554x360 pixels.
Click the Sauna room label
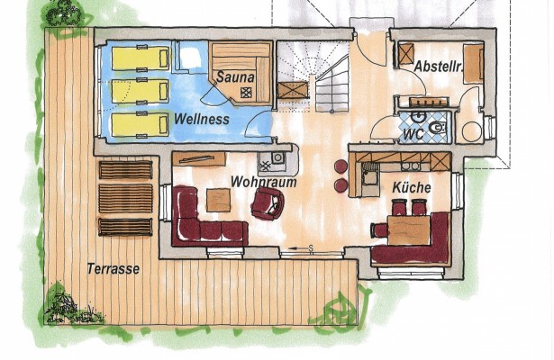pyautogui.click(x=235, y=76)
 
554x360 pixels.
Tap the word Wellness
pyautogui.click(x=202, y=119)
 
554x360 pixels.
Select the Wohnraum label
pyautogui.click(x=263, y=182)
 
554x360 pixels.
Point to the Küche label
pyautogui.click(x=412, y=187)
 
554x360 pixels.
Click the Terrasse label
pyautogui.click(x=114, y=269)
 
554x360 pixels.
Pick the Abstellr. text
pyautogui.click(x=439, y=67)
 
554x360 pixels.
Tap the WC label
pyautogui.click(x=413, y=134)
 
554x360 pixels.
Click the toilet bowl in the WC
pyautogui.click(x=438, y=127)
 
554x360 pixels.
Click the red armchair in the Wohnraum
pyautogui.click(x=268, y=202)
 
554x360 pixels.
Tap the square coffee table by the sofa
pyautogui.click(x=218, y=200)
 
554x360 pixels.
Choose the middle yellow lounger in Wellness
pyautogui.click(x=141, y=91)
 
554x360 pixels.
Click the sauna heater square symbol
pyautogui.click(x=245, y=93)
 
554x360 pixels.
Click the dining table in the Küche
pyautogui.click(x=408, y=230)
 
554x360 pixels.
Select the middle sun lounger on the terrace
pyautogui.click(x=126, y=198)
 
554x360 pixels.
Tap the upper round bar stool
pyautogui.click(x=341, y=166)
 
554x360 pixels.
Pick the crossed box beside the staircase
pyautogui.click(x=293, y=90)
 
